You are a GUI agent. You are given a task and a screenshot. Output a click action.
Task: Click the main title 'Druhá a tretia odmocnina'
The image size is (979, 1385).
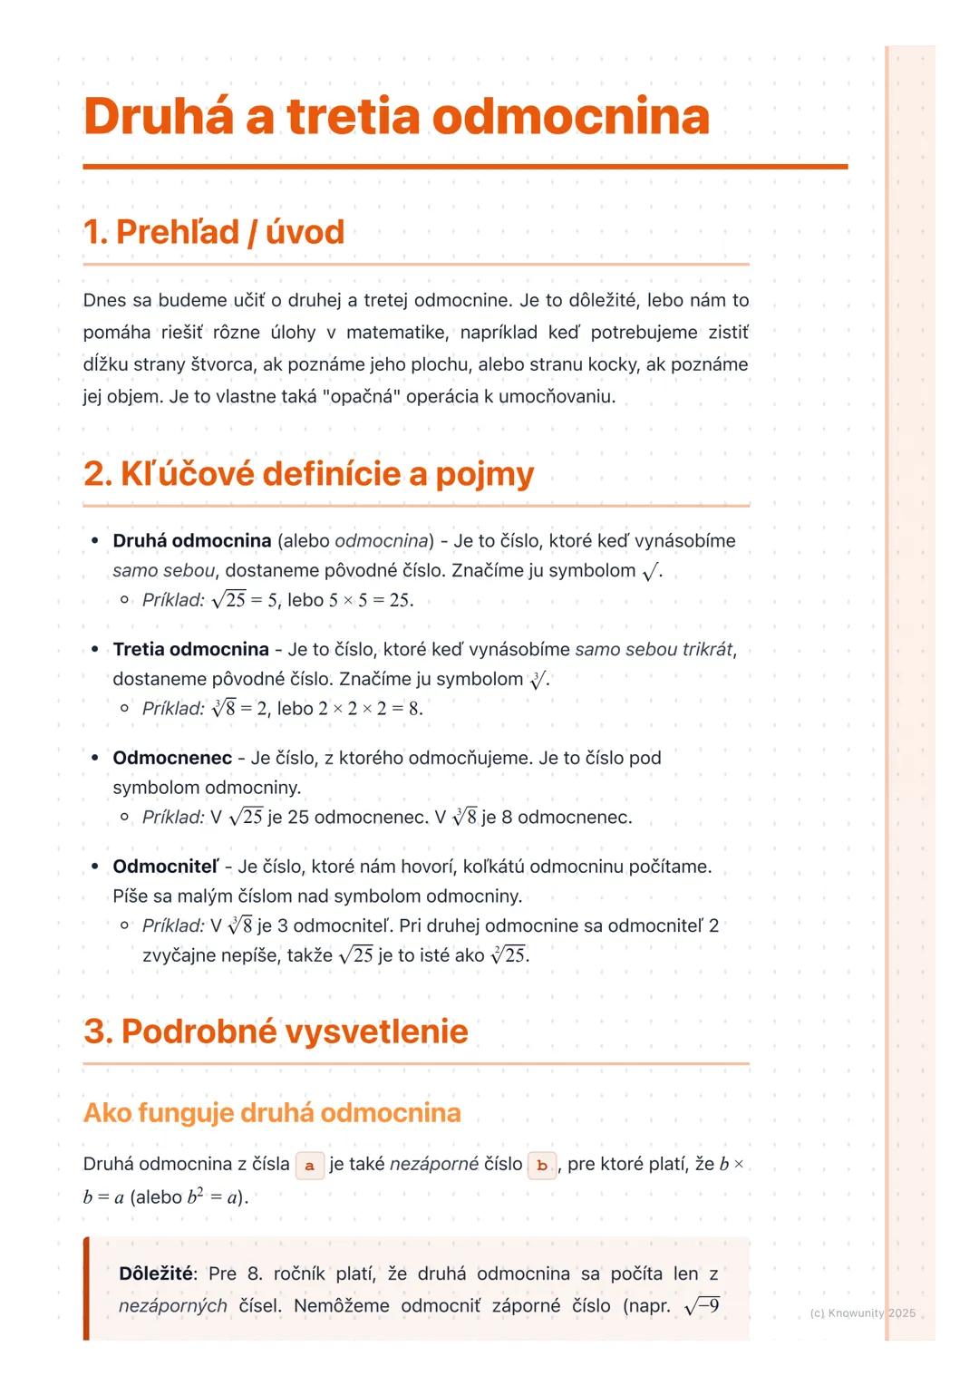pos(396,117)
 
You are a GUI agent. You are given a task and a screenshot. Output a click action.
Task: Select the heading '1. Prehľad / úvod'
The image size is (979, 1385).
pos(214,232)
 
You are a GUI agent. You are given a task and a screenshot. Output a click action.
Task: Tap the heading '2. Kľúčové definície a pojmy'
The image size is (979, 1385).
pos(308,473)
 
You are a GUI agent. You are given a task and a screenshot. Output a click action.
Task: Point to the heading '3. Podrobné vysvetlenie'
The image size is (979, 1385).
pos(276,1031)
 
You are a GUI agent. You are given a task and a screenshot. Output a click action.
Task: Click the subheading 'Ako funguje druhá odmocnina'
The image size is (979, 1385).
pos(272,1112)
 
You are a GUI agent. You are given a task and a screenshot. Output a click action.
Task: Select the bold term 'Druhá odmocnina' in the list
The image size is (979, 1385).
pos(192,541)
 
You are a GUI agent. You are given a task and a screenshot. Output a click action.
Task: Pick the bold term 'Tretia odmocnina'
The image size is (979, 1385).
pos(190,650)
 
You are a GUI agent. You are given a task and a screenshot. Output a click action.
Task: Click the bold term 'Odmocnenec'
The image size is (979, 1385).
pos(172,758)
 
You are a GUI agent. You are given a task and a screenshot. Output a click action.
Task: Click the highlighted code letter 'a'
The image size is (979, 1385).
pos(310,1165)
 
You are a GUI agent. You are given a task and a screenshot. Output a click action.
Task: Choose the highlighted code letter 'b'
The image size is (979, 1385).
pos(542,1165)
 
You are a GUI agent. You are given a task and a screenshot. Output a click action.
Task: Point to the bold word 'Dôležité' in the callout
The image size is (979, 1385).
pos(156,1274)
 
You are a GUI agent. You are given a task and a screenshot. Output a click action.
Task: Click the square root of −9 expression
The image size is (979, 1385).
pos(703,1306)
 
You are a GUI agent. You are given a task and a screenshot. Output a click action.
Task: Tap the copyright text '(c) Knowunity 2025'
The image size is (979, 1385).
pos(862,1312)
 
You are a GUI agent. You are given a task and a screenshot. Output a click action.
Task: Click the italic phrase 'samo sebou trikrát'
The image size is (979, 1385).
pos(654,650)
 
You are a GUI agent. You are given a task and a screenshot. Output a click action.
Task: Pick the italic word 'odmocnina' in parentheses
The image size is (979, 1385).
pos(382,541)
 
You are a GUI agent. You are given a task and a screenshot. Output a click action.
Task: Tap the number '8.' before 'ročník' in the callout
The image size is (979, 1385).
pos(255,1274)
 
